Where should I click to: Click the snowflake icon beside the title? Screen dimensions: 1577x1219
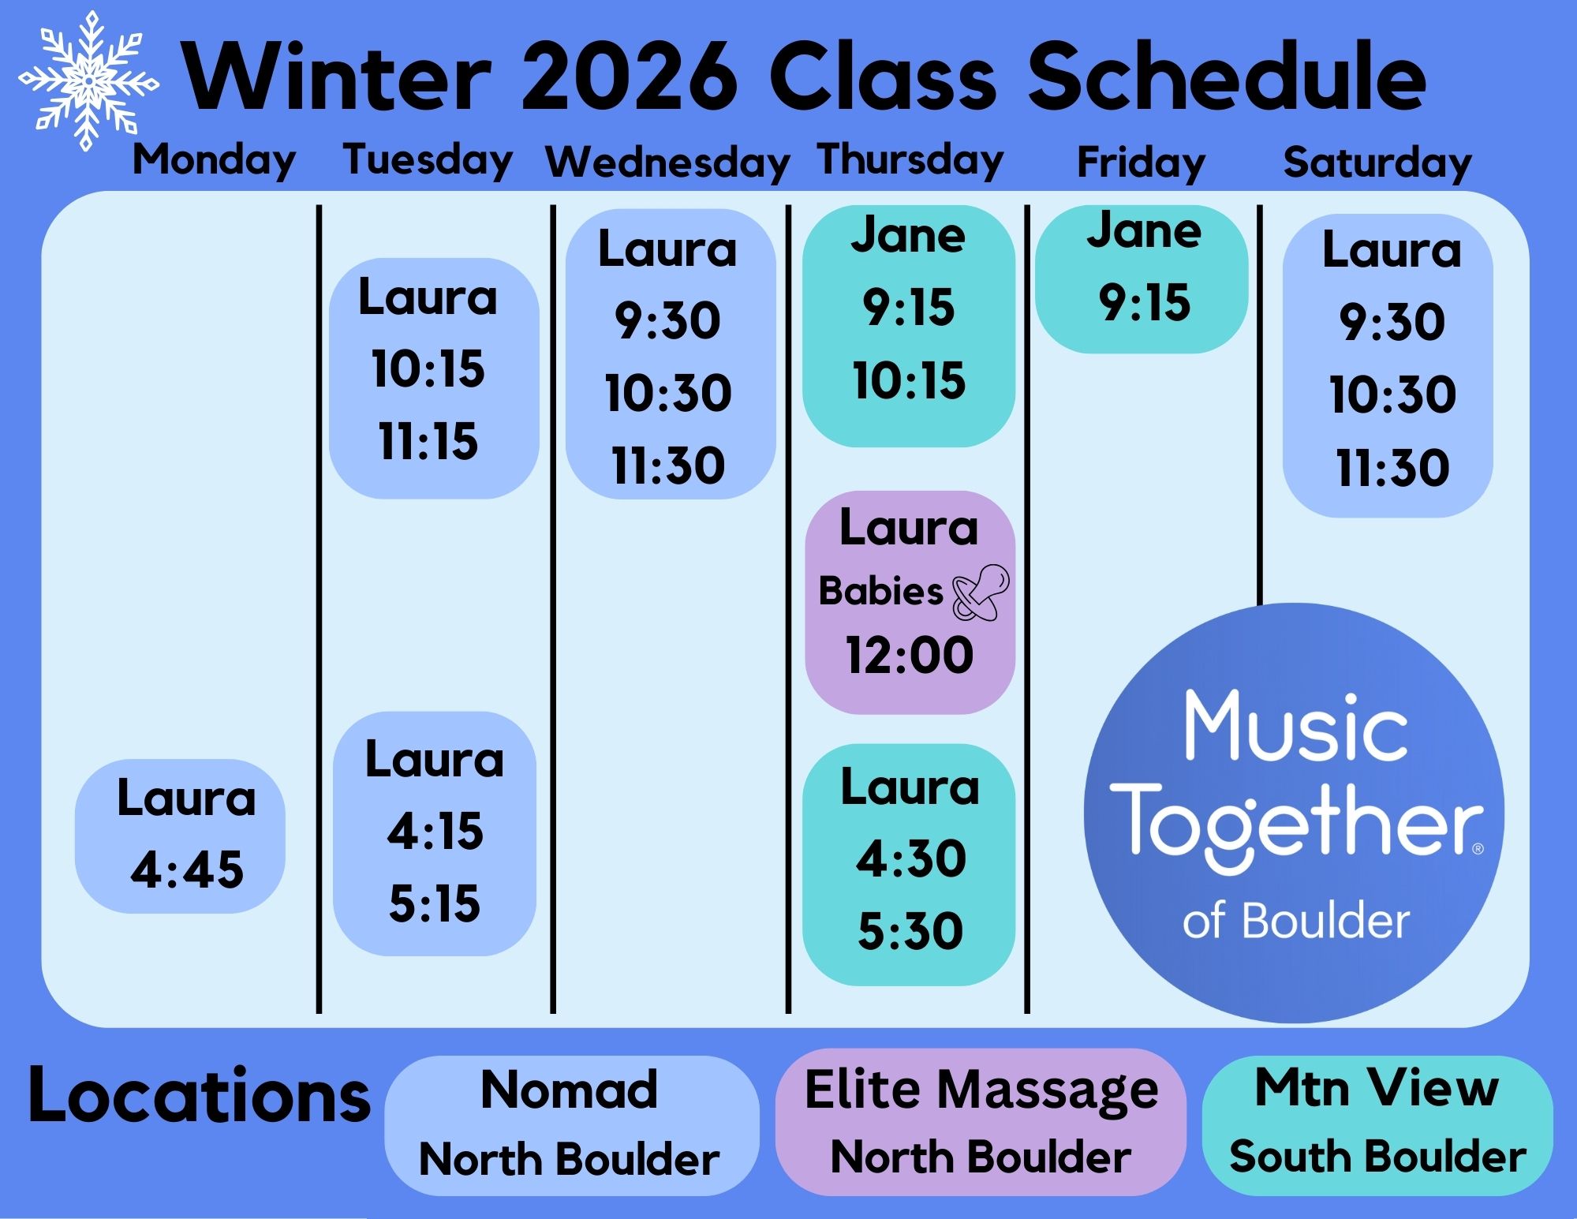[88, 80]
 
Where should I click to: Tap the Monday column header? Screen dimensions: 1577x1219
[215, 161]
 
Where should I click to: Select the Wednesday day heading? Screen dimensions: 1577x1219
[667, 163]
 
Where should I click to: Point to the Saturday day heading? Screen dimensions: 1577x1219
[1377, 163]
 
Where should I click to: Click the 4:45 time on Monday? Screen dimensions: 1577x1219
[187, 870]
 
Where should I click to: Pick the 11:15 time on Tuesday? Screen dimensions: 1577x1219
[428, 441]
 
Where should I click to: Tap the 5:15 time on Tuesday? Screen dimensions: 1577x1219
[435, 903]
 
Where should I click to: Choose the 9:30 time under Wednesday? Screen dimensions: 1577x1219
[667, 321]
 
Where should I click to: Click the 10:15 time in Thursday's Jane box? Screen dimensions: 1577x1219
[909, 380]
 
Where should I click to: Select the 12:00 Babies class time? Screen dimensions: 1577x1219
[910, 655]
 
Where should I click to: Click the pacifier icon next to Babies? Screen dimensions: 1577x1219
[981, 592]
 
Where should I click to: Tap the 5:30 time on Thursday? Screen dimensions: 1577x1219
[910, 931]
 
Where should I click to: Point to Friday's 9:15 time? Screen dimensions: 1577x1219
[1145, 302]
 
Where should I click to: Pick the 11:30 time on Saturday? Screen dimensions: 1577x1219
[1392, 468]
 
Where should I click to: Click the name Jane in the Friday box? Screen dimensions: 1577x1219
[1144, 231]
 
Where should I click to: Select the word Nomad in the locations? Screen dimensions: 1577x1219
[569, 1090]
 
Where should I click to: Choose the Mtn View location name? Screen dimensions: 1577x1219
[1377, 1088]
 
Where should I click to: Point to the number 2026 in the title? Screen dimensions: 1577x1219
[629, 77]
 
